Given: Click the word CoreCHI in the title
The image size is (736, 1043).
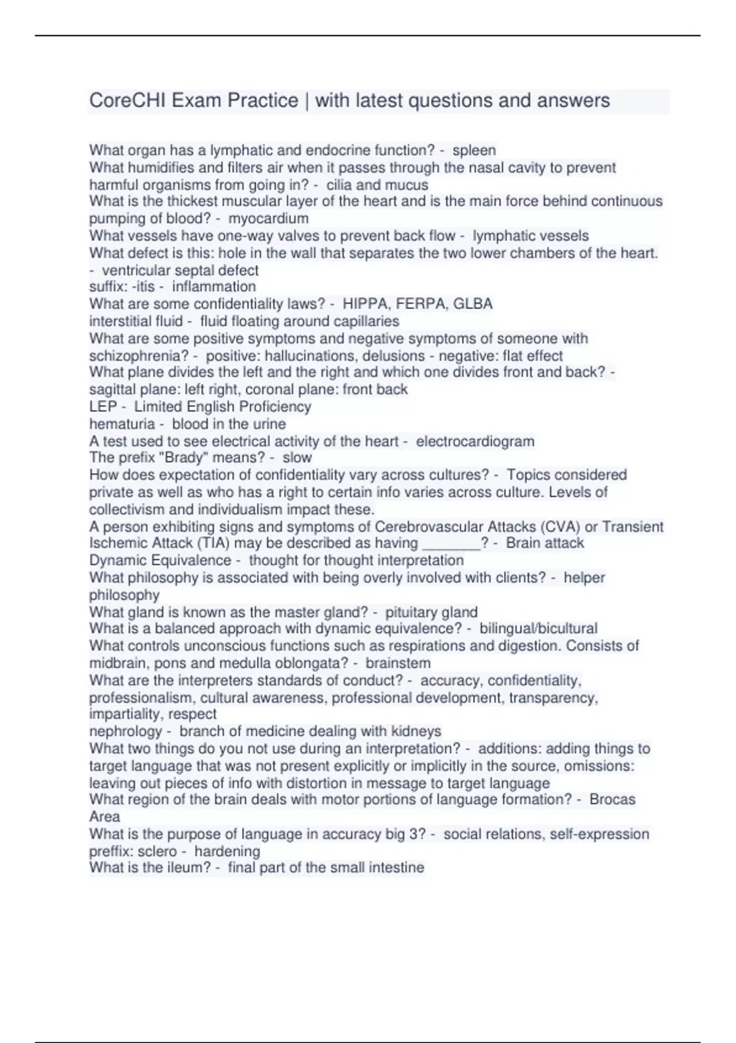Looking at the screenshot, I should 128,100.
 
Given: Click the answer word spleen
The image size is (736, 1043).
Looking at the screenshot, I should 474,150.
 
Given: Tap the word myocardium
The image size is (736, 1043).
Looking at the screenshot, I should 268,218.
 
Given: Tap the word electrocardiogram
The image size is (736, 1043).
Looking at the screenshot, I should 475,441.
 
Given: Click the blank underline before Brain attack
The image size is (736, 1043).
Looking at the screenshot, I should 451,543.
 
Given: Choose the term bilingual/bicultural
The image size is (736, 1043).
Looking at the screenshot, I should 538,629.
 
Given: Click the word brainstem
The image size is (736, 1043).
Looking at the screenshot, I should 397,663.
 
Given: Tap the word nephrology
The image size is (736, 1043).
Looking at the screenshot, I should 125,731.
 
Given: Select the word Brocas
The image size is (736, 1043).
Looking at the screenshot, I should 612,800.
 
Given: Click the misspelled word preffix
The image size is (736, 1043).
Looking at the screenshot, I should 110,852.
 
